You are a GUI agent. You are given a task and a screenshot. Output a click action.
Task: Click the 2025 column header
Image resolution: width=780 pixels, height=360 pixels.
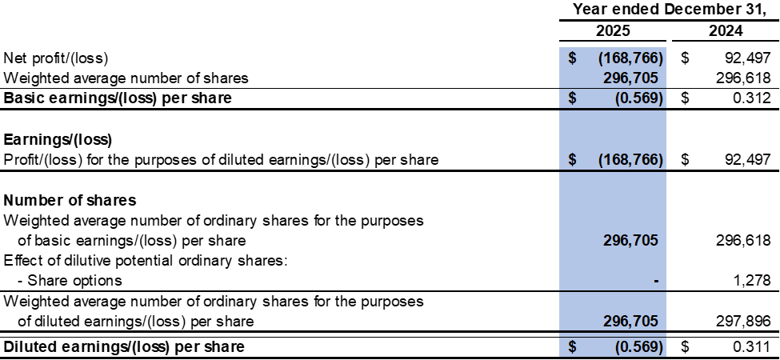pyautogui.click(x=613, y=31)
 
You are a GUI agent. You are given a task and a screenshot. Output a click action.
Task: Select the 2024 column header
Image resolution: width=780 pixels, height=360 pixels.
pyautogui.click(x=726, y=31)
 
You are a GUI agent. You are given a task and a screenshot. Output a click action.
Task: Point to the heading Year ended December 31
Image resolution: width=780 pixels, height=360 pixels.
pyautogui.click(x=670, y=9)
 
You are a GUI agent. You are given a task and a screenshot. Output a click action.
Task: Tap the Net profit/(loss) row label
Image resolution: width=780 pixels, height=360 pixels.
pyautogui.click(x=56, y=58)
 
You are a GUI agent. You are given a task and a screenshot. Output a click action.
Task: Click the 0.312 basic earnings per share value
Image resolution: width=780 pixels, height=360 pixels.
pyautogui.click(x=752, y=98)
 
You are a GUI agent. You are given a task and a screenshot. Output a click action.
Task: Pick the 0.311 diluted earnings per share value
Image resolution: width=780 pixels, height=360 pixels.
pyautogui.click(x=752, y=346)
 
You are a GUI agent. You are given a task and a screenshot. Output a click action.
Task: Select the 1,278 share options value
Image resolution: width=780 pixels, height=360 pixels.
pyautogui.click(x=752, y=280)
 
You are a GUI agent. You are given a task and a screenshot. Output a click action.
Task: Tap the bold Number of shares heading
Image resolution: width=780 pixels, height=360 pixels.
pyautogui.click(x=70, y=200)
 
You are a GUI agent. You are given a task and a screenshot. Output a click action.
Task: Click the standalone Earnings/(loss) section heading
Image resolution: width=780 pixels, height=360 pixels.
pyautogui.click(x=58, y=140)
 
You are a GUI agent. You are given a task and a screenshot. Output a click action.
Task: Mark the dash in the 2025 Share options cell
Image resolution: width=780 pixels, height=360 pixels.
pyautogui.click(x=657, y=282)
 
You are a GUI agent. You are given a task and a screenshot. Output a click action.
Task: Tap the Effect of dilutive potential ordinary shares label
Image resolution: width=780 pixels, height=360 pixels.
pyautogui.click(x=146, y=260)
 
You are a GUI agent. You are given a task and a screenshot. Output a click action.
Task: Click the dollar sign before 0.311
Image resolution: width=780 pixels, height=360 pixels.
pyautogui.click(x=685, y=346)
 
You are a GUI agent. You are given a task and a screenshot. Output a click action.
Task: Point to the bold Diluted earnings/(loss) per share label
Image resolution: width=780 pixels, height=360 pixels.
pyautogui.click(x=124, y=346)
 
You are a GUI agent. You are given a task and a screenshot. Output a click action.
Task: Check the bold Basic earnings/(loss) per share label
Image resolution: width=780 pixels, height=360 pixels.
pyautogui.click(x=118, y=98)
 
